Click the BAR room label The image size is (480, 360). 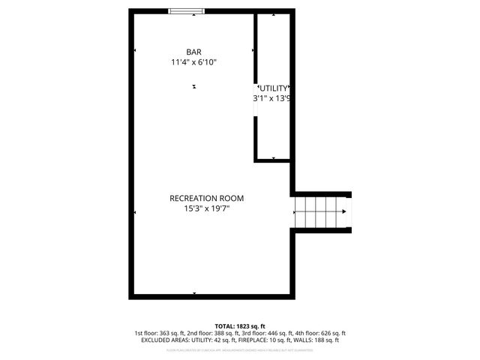tap(193, 52)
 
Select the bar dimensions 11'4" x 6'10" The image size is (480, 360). tap(194, 63)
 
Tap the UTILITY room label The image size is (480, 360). tap(273, 88)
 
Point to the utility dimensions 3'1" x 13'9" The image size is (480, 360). tap(271, 98)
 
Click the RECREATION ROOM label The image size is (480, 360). tap(206, 198)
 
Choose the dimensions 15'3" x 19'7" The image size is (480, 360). tap(206, 209)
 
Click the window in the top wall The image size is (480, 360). tap(187, 10)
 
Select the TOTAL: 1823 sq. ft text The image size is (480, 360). tap(239, 325)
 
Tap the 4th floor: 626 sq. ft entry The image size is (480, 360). tap(320, 333)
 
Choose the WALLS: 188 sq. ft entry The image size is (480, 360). tap(315, 340)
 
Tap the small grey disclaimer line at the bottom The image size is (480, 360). tap(239, 349)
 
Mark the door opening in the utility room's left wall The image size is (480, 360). tap(256, 105)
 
